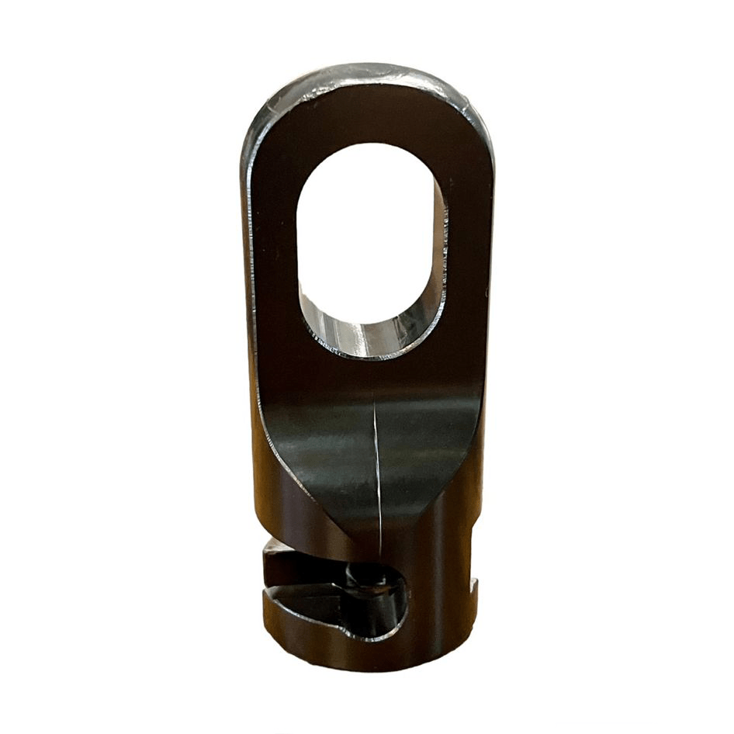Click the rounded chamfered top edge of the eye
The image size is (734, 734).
(365, 75)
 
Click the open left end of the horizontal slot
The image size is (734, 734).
(272, 574)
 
